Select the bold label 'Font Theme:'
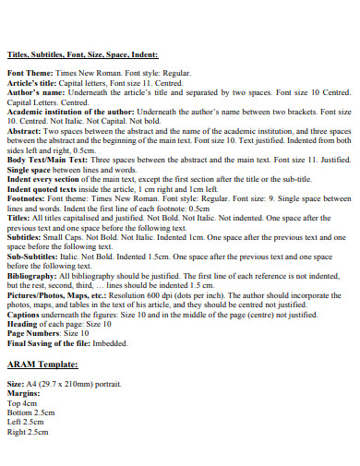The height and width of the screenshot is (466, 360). [x=27, y=70]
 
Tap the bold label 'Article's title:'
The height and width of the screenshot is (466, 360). [x=32, y=81]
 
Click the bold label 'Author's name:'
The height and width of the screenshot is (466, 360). [x=32, y=92]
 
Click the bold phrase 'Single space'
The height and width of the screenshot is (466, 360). [x=28, y=171]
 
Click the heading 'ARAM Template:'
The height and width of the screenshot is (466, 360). [x=42, y=364]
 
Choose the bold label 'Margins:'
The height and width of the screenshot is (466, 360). [x=24, y=392]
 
